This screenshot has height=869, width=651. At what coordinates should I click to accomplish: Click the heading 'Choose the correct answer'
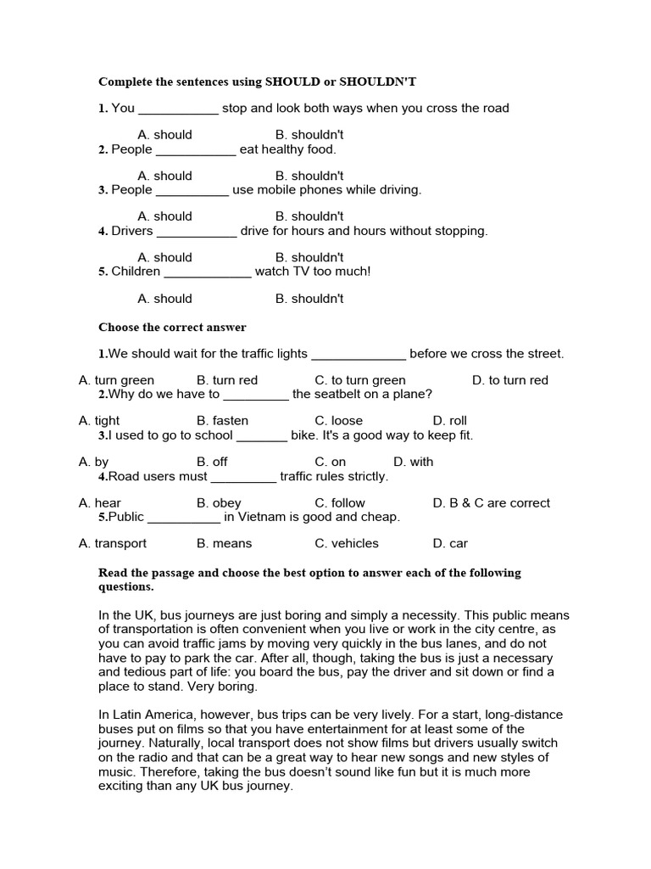[x=172, y=327]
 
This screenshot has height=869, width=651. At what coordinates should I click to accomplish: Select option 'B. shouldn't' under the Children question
[x=309, y=299]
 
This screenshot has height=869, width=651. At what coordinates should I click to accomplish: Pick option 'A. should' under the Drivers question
[x=164, y=257]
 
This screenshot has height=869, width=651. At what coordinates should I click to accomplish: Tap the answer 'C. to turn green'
[x=359, y=380]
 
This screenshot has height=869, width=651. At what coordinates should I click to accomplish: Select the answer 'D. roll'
[x=449, y=421]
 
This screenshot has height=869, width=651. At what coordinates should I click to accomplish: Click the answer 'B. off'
[x=212, y=462]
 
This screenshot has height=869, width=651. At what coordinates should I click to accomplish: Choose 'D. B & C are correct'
[x=491, y=502]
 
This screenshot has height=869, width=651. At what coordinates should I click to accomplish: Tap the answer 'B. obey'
[x=219, y=502]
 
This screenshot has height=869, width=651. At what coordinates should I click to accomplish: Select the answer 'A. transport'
[x=113, y=543]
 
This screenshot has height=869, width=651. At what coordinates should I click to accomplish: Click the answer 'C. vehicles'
[x=347, y=543]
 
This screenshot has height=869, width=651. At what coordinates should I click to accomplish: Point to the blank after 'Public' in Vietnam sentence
[x=184, y=518]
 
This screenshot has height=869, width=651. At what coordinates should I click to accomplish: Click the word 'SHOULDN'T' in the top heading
[x=377, y=81]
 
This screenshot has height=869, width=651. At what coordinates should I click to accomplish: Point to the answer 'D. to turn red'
[x=509, y=380]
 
